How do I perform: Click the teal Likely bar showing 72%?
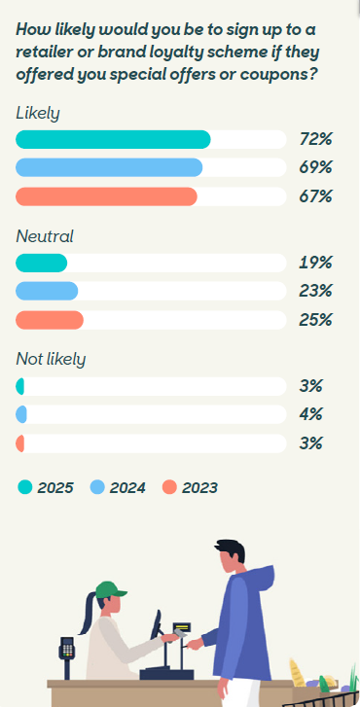point(113,139)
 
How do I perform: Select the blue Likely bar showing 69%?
point(109,167)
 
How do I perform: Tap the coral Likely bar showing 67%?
point(106,196)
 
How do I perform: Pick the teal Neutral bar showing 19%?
point(42,263)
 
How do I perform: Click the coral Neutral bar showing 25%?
point(50,320)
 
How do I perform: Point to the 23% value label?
point(315,291)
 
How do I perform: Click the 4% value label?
point(310,414)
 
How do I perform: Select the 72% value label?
point(315,139)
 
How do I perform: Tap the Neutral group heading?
point(44,236)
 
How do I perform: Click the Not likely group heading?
point(51,360)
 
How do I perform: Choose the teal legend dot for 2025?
point(25,487)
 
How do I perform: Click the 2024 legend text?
point(127,487)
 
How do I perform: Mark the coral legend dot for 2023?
point(169,487)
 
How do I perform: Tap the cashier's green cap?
point(110,589)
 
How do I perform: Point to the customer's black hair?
point(230,550)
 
